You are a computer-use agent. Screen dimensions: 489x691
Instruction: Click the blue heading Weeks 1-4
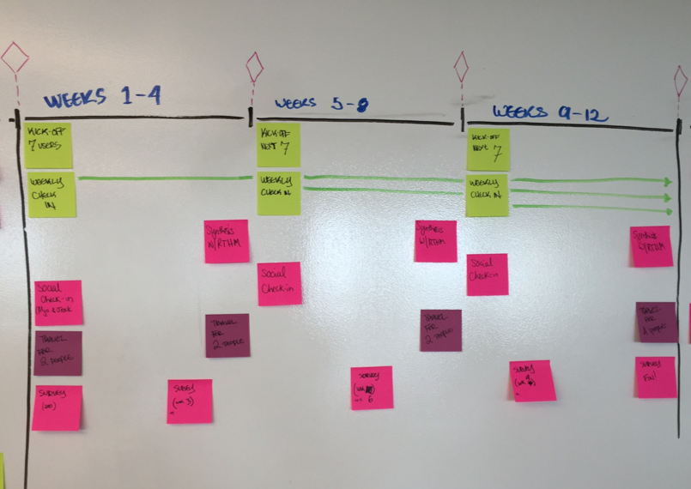[103, 97]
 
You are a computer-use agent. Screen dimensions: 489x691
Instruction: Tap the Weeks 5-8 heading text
[321, 105]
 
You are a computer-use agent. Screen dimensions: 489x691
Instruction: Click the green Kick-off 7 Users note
[47, 145]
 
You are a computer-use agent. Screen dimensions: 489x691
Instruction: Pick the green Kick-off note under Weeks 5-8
[279, 144]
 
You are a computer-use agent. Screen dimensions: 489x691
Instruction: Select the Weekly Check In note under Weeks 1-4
[52, 196]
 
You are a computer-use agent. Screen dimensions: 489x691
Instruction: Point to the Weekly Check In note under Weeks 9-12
[487, 195]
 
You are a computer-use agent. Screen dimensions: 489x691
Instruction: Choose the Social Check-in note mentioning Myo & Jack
[58, 302]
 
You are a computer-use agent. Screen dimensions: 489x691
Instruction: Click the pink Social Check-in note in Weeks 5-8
[280, 284]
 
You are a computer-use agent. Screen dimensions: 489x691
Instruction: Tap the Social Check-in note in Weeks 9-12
[487, 275]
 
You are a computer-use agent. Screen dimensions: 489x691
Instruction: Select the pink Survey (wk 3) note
[189, 401]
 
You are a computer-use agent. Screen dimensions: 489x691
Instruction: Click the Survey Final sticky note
[656, 377]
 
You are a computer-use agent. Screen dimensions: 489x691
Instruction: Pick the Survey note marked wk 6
[372, 388]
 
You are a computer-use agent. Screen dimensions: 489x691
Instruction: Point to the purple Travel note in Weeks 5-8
[440, 330]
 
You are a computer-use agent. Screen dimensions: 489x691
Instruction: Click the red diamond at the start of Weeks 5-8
[254, 66]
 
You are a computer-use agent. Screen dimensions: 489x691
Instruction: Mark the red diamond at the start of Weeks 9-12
[461, 65]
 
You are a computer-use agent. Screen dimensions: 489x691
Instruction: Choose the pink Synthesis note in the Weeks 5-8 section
[435, 241]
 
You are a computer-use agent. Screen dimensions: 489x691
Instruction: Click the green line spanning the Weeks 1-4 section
[163, 178]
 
